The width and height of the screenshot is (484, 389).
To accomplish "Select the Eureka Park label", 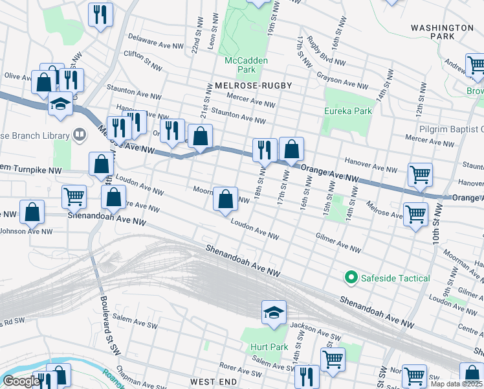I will (348, 111).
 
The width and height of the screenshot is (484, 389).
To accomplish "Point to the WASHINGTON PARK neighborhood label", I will (442, 32).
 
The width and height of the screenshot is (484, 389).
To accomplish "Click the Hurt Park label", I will (269, 347).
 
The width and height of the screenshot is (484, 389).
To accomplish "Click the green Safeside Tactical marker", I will (351, 278).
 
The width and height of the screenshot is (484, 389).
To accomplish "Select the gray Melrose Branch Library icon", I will (79, 135).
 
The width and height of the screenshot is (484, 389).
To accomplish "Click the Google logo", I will (21, 381).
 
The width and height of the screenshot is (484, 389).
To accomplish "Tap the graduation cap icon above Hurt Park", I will (274, 312).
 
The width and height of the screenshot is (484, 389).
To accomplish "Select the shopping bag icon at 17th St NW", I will (292, 148).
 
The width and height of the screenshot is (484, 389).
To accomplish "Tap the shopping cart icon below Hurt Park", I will (333, 359).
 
